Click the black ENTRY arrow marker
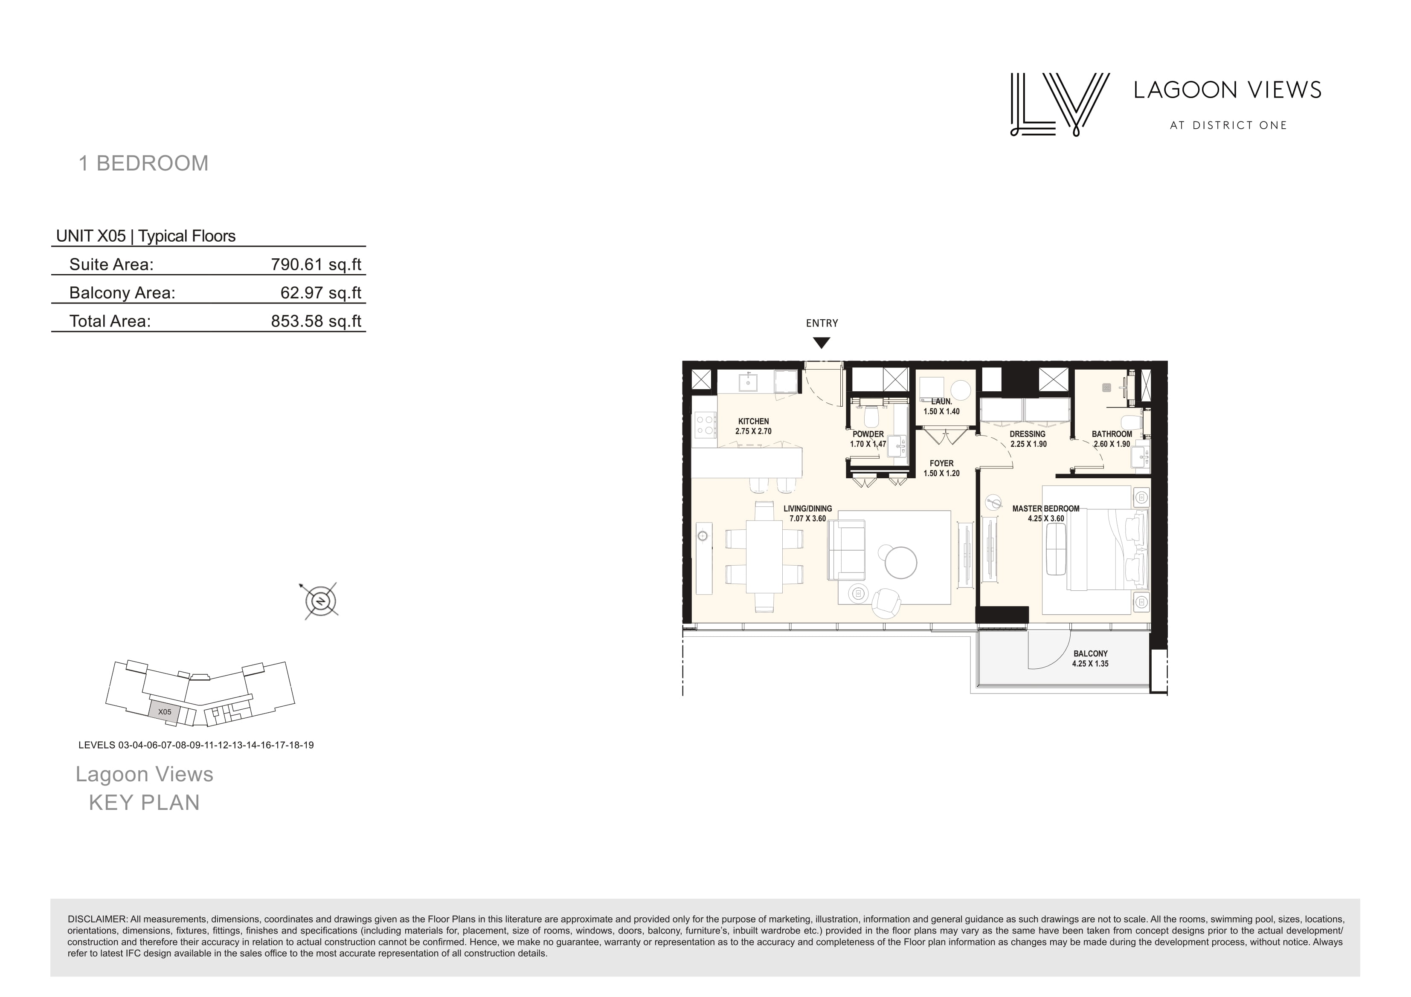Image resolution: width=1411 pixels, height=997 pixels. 822,343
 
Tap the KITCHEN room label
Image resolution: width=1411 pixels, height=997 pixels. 753,422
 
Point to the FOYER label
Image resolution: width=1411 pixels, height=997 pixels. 941,464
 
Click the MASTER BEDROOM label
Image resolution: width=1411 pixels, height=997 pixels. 1046,509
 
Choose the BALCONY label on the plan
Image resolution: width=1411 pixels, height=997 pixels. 1091,653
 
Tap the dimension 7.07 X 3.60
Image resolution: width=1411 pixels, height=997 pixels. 807,518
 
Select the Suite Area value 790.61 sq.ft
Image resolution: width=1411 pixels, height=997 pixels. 316,265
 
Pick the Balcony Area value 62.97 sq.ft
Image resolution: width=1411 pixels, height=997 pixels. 321,293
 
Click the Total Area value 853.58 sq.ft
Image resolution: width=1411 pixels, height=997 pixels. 316,321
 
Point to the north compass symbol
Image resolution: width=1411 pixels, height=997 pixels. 320,601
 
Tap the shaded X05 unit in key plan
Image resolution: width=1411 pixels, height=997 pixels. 164,711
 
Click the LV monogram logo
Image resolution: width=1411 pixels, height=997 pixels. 1060,104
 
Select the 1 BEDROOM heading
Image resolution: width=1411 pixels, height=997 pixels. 144,163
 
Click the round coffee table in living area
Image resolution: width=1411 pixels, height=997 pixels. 901,562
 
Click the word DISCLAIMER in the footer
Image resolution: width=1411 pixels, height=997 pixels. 97,919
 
